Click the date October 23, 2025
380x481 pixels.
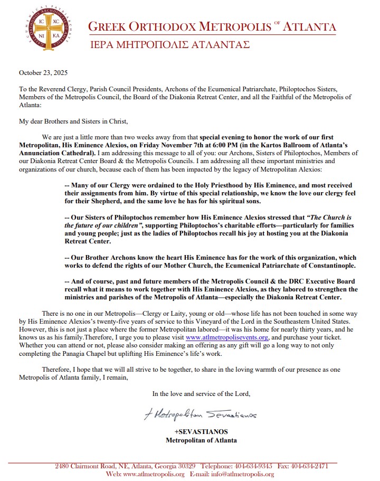point(43,72)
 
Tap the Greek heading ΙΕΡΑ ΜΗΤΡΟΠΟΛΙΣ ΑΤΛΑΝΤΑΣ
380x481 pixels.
point(168,45)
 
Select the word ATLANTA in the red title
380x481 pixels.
point(310,27)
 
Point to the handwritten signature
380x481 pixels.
point(200,416)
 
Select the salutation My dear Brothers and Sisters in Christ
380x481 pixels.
point(74,121)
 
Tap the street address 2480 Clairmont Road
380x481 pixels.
point(85,466)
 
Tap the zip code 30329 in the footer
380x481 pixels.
point(184,466)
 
